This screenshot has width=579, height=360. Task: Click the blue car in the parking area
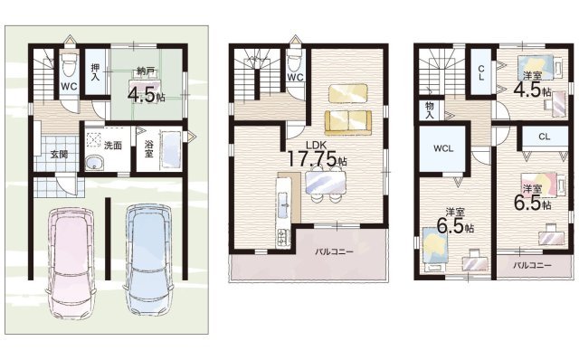(149, 259)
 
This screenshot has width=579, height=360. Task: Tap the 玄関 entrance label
(59, 155)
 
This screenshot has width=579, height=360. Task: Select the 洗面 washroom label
(112, 146)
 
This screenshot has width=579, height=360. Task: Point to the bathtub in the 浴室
(170, 151)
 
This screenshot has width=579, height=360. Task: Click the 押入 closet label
(95, 72)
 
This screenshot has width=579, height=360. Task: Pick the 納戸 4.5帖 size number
(141, 95)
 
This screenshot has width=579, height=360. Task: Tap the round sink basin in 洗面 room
(95, 163)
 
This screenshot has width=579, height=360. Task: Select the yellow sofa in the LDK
(348, 123)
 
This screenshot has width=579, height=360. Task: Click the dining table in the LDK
(326, 183)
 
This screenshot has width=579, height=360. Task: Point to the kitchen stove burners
(283, 238)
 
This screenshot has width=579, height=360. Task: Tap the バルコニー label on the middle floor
(334, 251)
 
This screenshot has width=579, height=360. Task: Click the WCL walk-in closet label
(443, 149)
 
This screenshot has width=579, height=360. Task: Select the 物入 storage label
(430, 109)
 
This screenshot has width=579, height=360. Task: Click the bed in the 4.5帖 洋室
(536, 67)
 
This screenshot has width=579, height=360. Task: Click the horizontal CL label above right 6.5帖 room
(545, 137)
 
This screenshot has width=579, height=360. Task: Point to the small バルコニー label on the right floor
(533, 265)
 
